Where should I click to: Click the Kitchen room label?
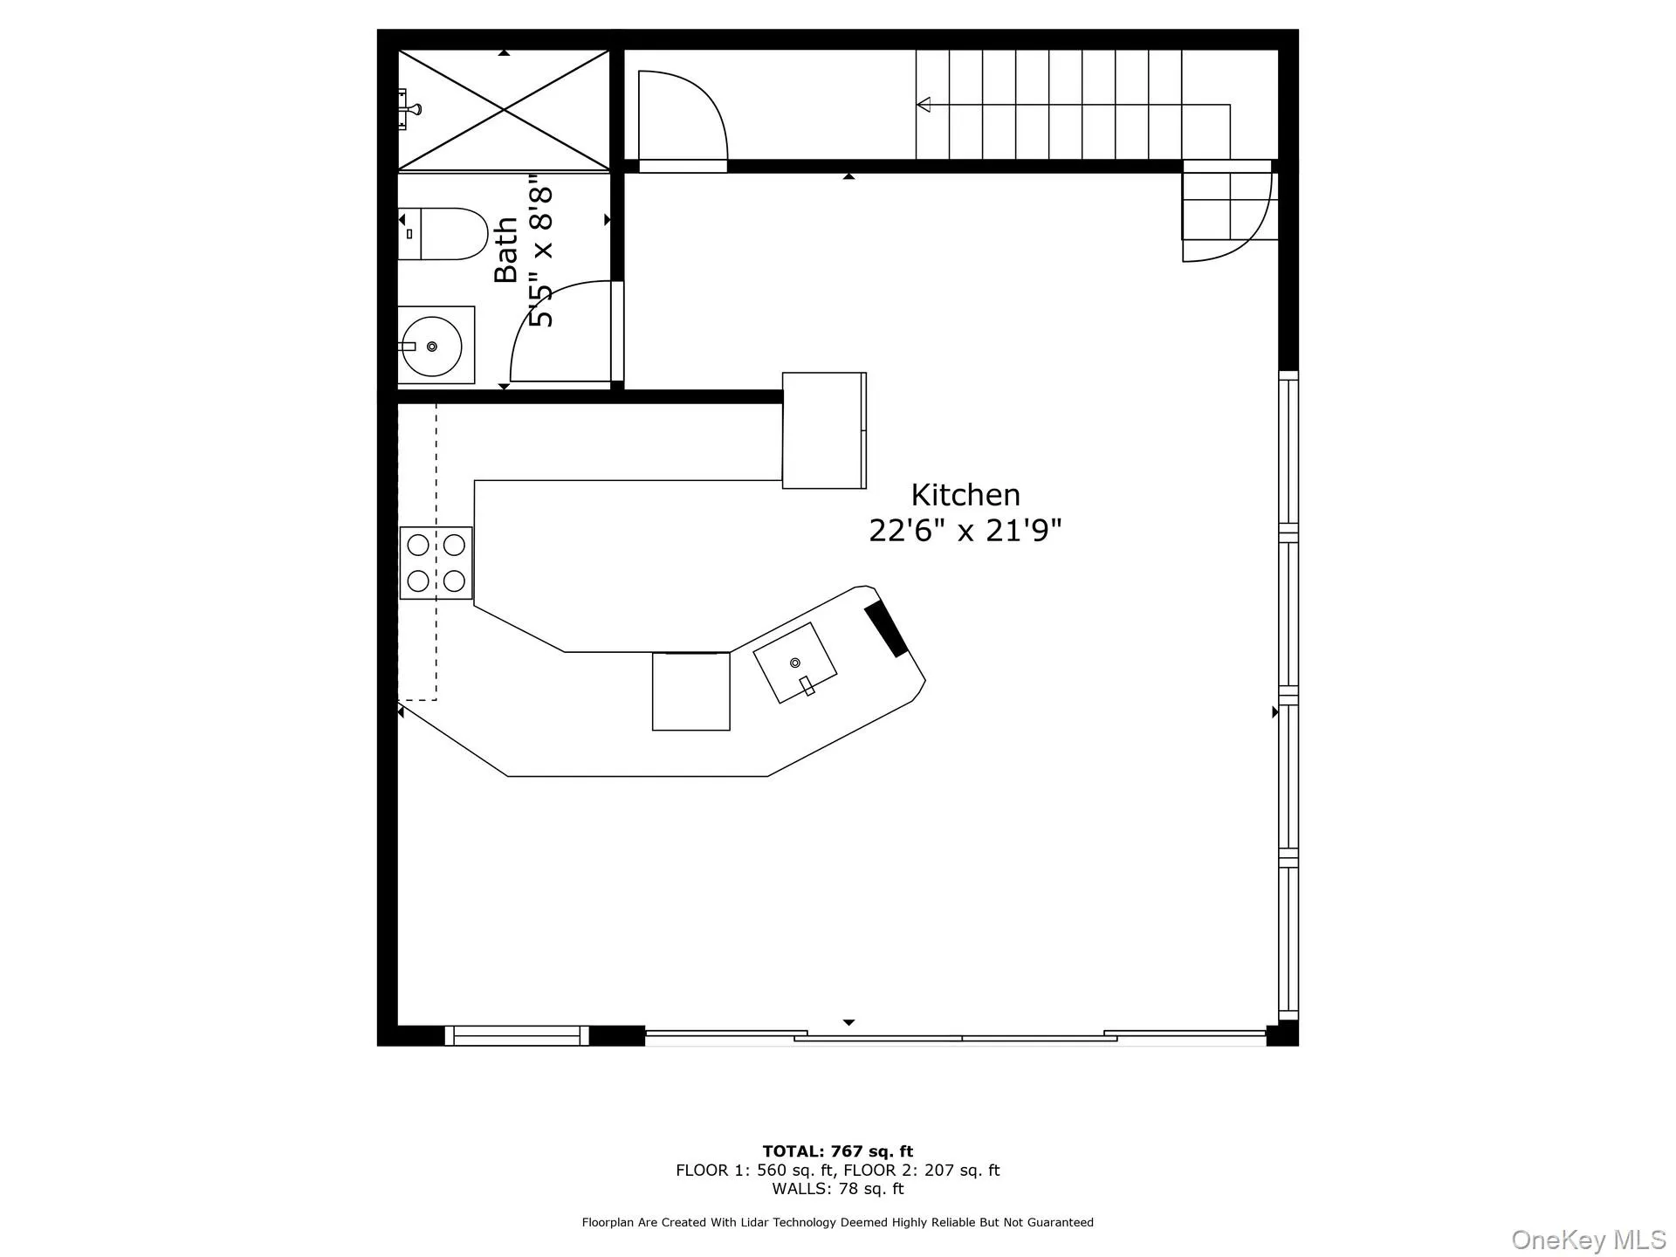tap(965, 495)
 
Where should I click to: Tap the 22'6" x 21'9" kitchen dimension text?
tap(965, 530)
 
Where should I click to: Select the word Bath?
tap(506, 250)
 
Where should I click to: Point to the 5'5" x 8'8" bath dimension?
tap(542, 257)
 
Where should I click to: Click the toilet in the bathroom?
tap(443, 234)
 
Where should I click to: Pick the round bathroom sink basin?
tap(432, 347)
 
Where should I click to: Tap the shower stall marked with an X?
tap(504, 110)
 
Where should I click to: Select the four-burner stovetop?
tap(436, 563)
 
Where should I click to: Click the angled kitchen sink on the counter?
tap(795, 663)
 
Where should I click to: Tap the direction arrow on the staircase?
tap(924, 105)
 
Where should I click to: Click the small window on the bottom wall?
tap(517, 1036)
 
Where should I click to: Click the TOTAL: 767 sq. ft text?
tap(838, 1151)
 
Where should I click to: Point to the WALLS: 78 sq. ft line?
tap(838, 1189)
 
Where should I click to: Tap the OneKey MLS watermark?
tap(1588, 1240)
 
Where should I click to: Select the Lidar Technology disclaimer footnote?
tap(838, 1223)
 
